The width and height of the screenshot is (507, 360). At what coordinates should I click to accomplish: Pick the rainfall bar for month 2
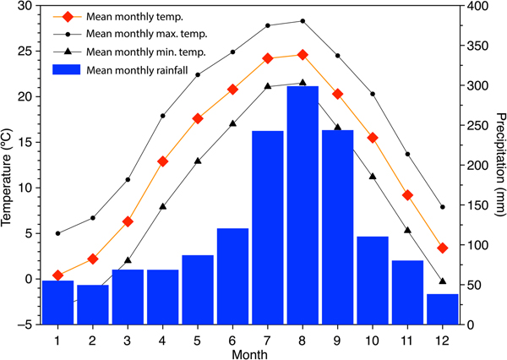pos(93,305)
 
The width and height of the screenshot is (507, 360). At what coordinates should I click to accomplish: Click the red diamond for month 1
pos(57,275)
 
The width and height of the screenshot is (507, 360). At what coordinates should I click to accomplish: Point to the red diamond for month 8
pos(303,55)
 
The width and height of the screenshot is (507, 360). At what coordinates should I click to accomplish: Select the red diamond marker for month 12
pos(443,248)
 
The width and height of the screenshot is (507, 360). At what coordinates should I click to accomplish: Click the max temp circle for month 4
pos(163,116)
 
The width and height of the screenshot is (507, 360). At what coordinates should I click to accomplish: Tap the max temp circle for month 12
pos(443,207)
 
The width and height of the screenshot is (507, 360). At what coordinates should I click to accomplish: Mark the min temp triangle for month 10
pos(373,176)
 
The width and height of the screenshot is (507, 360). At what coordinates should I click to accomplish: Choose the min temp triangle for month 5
pos(198,161)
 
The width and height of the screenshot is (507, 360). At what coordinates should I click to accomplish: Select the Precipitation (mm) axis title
pos(499,165)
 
